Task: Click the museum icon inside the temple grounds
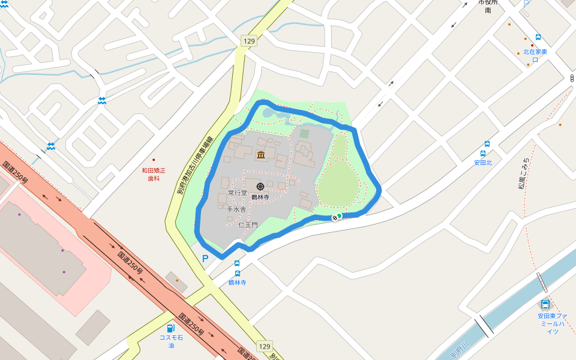261,156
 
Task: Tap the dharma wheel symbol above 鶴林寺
260,187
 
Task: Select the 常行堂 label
238,193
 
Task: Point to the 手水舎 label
236,209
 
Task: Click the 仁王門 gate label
248,225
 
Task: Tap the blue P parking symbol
205,259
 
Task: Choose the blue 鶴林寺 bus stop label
237,282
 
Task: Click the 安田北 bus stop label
483,163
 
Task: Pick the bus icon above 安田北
487,144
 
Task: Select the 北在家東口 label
535,56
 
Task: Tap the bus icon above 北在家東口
538,37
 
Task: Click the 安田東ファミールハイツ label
553,323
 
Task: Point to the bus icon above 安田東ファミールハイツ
545,304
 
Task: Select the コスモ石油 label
171,341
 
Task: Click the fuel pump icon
171,328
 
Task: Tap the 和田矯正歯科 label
154,174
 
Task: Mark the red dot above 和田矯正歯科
154,160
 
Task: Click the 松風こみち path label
524,173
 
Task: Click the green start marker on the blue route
339,216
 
